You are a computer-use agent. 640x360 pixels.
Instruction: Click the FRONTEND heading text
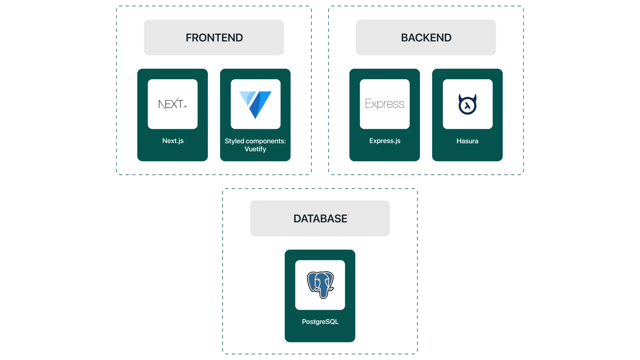coord(214,38)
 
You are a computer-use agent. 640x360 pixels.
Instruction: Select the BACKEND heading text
coord(426,38)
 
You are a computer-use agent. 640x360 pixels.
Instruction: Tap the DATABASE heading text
coord(320,219)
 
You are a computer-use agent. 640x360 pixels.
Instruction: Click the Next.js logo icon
coord(172,104)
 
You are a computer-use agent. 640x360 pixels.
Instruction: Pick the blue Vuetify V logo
coord(256,104)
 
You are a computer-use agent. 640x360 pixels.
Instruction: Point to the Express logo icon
coord(385,104)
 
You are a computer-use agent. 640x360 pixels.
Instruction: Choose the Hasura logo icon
coord(467,104)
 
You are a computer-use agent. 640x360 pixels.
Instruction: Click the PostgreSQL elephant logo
coord(320,285)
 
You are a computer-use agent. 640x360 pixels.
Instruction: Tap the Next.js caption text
coord(173,141)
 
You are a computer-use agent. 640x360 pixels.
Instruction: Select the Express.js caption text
coord(385,141)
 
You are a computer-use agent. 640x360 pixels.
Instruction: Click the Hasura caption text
coord(467,141)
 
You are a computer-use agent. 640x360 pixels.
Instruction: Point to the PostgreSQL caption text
coord(320,322)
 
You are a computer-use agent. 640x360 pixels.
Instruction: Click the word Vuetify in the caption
coord(255,149)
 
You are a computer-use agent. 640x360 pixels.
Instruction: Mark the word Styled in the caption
coord(234,141)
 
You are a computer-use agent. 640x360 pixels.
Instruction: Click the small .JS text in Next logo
coord(185,107)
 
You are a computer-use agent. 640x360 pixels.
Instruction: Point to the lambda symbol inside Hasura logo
coord(467,106)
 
